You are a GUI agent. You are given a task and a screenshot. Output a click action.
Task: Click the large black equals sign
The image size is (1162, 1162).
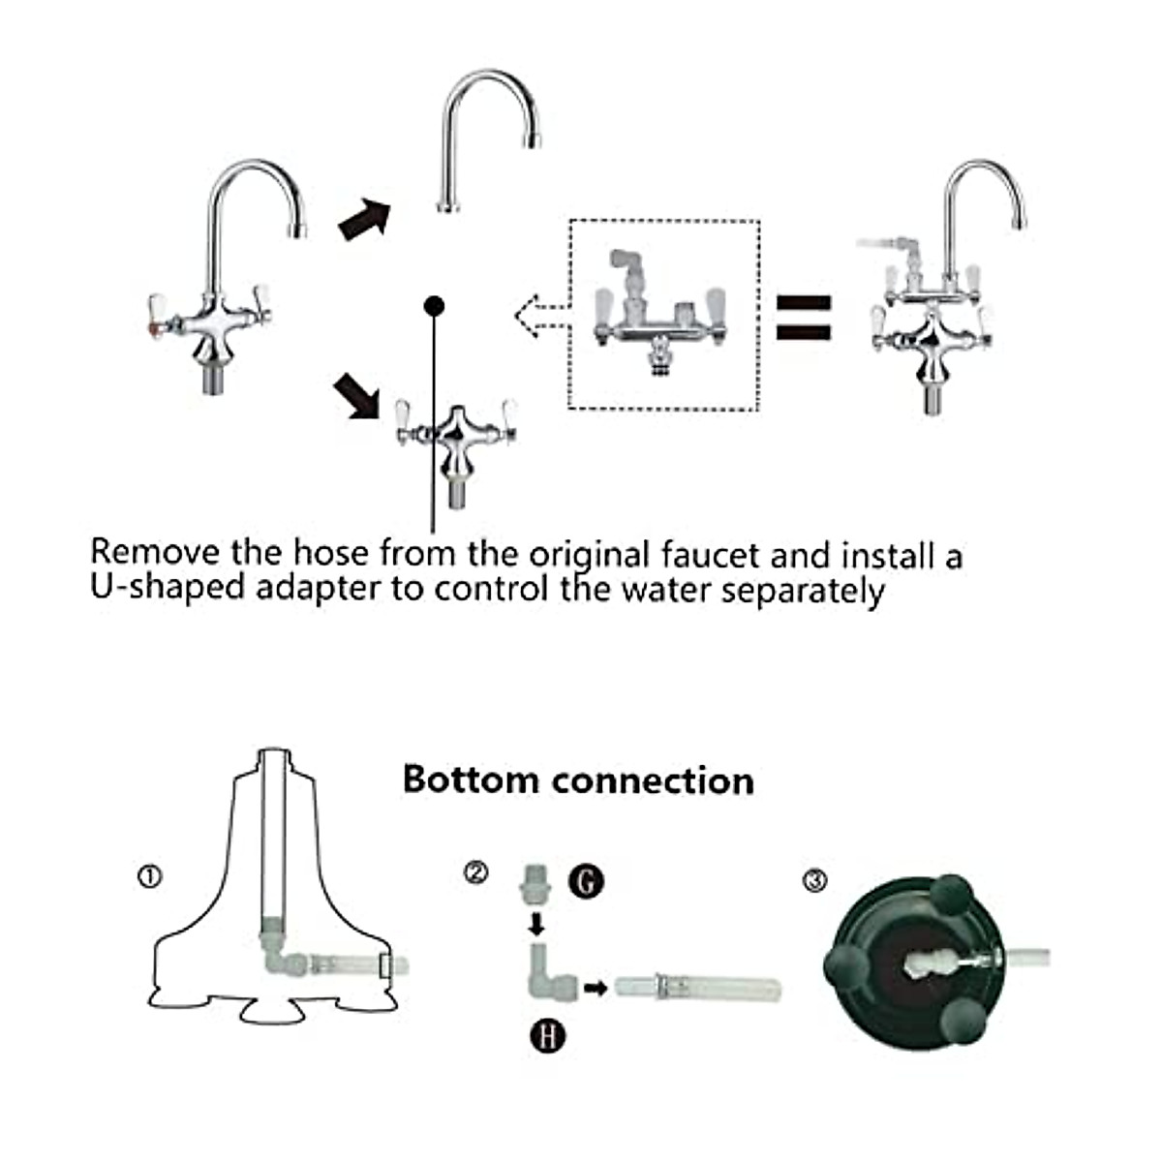804,317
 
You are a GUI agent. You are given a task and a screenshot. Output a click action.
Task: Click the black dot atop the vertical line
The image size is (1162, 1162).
434,306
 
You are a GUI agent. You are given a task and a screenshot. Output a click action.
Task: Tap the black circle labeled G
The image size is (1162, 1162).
586,881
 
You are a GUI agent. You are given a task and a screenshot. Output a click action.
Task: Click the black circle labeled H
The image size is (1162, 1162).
548,1036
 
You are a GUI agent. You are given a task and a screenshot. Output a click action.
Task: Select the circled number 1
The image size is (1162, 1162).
149,877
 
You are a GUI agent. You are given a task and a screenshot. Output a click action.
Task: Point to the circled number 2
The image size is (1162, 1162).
475,872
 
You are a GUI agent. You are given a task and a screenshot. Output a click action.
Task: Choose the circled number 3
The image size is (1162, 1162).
816,880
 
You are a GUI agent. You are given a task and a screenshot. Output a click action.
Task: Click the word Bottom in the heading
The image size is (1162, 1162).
470,780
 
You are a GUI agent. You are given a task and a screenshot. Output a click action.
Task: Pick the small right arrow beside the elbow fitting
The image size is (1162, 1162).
596,989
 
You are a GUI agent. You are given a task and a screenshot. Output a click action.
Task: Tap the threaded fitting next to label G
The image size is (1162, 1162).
533,883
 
